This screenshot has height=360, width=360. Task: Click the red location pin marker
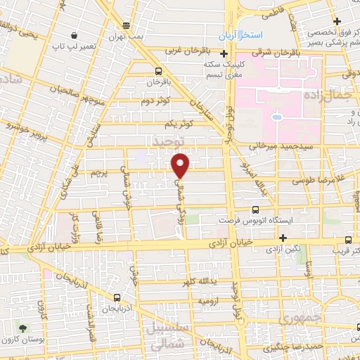pos(181,165)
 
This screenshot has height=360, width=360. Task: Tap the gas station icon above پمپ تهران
pos(126,23)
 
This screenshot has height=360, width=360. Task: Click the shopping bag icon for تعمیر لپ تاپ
pos(75,34)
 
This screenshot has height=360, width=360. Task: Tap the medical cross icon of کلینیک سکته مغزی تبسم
pos(224,54)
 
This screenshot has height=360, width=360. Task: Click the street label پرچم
pos(101,173)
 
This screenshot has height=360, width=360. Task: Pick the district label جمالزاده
pos(329,94)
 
